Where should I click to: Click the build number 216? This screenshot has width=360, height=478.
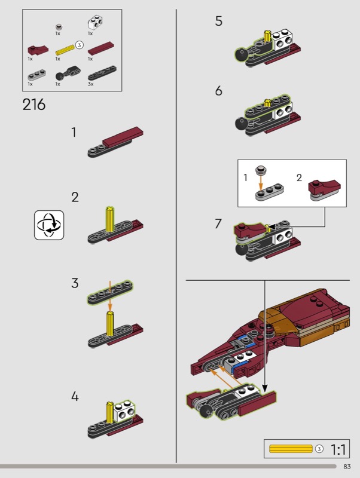point(34,105)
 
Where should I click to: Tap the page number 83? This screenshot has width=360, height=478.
point(347,467)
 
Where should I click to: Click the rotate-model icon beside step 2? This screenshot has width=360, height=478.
point(49,225)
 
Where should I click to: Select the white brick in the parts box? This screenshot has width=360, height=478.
point(95,23)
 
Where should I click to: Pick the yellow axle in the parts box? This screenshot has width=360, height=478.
point(65,50)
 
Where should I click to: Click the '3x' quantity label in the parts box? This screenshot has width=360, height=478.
point(91,84)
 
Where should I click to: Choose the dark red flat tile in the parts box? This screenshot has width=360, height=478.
point(101,48)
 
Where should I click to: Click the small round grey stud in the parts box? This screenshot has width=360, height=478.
point(59,27)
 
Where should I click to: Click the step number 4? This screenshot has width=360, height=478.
point(75,396)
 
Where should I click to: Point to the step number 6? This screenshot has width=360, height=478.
point(218,91)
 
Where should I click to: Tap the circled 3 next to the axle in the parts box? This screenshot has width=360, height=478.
point(79,45)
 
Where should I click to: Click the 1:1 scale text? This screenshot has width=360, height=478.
point(338,449)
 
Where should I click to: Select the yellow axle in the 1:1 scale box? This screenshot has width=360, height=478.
point(291,449)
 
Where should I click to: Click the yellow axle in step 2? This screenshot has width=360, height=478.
point(110,219)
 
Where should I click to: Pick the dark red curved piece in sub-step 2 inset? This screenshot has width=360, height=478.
point(324,186)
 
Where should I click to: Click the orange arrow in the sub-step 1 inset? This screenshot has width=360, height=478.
point(261,182)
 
